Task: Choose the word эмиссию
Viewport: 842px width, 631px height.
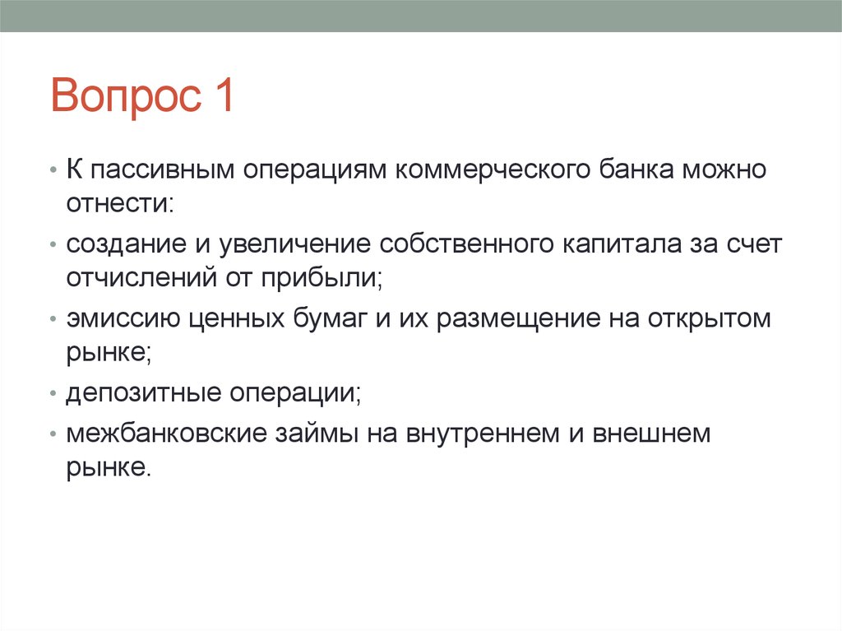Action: click(118, 319)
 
